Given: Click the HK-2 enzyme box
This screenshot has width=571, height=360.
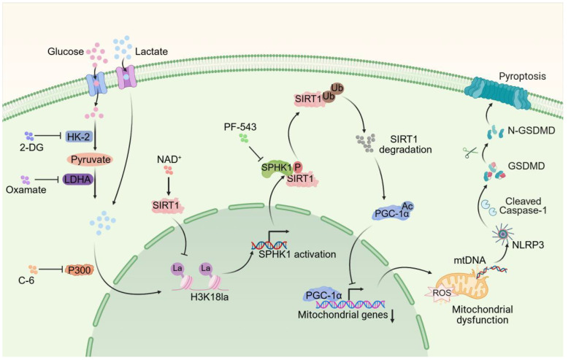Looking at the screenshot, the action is [x=79, y=137].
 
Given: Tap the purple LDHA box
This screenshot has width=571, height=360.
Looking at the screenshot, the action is [x=78, y=179].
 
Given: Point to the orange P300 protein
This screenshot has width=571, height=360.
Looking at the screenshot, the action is [x=79, y=269].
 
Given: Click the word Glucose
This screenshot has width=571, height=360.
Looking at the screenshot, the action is [x=66, y=51].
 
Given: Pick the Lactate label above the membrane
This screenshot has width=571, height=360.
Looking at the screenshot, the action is [x=151, y=51].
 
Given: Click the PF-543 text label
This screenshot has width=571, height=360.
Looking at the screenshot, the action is [x=240, y=127].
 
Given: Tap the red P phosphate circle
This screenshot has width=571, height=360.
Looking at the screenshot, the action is [x=297, y=167].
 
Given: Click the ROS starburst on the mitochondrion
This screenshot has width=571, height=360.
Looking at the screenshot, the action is [x=441, y=292].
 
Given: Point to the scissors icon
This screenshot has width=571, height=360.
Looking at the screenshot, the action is [x=470, y=152].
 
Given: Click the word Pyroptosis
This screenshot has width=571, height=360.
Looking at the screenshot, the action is [x=522, y=76].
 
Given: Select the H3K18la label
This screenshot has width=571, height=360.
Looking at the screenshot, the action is [x=210, y=297].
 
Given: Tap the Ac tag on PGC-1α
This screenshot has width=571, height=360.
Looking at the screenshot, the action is [x=407, y=207].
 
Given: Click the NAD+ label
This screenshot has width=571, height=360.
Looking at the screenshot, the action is [x=169, y=159].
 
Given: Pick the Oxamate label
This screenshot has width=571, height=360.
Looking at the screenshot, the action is [x=26, y=190].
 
